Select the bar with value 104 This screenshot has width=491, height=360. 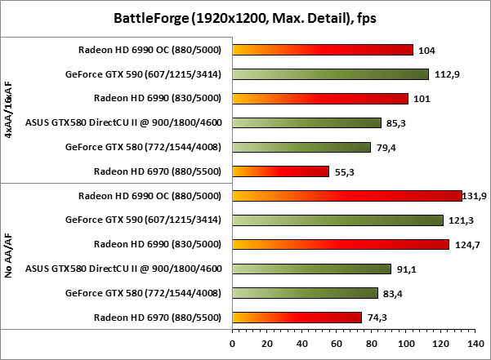coord(323,50)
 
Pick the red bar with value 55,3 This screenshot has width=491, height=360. coord(280,171)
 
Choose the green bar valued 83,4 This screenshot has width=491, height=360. coord(305,293)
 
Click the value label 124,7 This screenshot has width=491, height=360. coord(466,245)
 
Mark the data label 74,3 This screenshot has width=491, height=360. coord(378,318)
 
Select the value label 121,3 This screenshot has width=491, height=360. coord(460,220)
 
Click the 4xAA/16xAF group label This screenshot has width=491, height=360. coord(8,111)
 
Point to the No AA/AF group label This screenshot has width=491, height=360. coord(8,256)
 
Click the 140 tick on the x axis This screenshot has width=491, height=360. coord(475,344)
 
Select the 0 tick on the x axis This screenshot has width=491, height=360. coord(233,344)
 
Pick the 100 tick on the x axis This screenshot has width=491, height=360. coord(406,344)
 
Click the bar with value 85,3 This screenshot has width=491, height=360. coord(306,123)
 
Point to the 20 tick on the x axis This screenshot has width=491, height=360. coord(267,344)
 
